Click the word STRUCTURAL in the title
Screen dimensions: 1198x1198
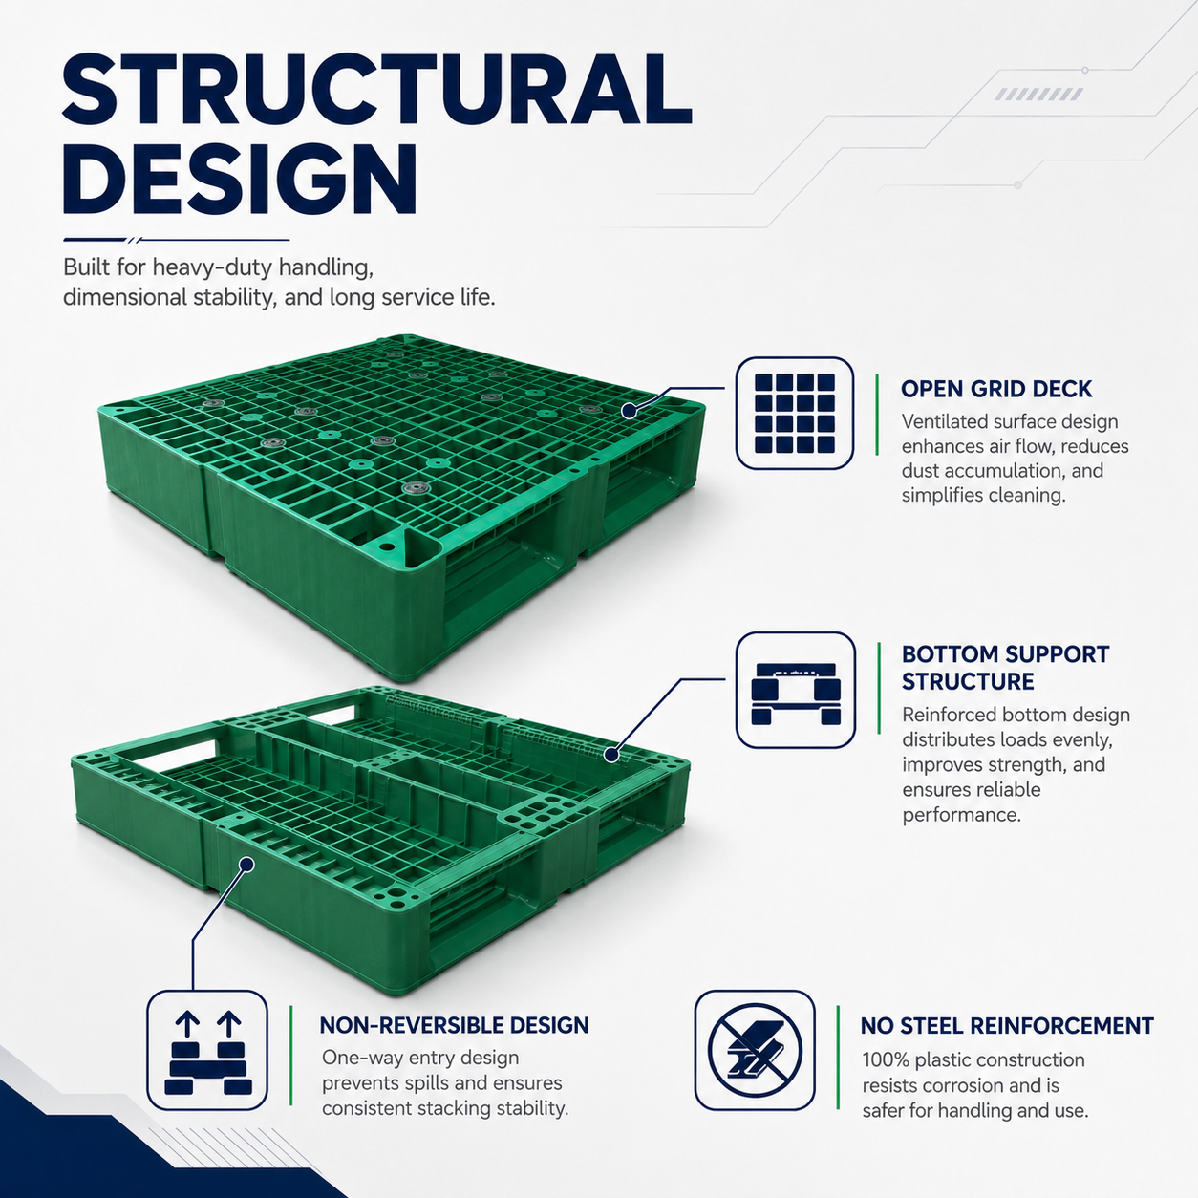(x=377, y=90)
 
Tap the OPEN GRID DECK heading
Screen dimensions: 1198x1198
(x=996, y=389)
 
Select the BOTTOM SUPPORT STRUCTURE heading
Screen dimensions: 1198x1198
(x=1005, y=668)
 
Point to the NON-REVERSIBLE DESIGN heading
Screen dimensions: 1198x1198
(x=454, y=1025)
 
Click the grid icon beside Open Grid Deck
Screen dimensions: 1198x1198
(x=795, y=413)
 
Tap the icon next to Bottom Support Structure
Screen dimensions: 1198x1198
(x=796, y=690)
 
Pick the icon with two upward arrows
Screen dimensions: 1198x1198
(x=207, y=1050)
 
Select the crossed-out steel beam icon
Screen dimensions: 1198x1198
(x=755, y=1050)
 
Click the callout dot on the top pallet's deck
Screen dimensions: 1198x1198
(x=630, y=410)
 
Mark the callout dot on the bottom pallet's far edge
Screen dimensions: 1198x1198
(x=611, y=756)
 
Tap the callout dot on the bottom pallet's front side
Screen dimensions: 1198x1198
(x=246, y=865)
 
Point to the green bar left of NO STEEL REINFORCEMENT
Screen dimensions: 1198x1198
(x=838, y=1057)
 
